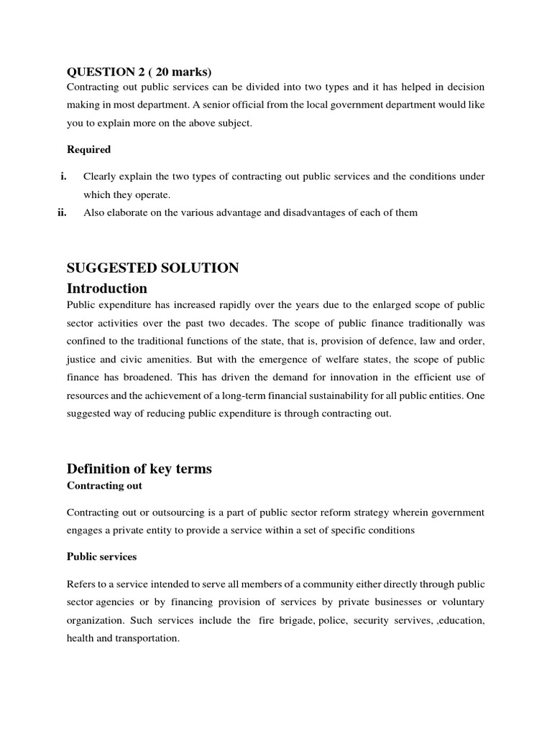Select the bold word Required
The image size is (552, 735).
pyautogui.click(x=88, y=149)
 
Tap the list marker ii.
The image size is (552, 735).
pyautogui.click(x=62, y=212)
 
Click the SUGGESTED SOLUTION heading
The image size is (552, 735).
pyautogui.click(x=152, y=268)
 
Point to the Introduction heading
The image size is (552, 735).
pyautogui.click(x=107, y=289)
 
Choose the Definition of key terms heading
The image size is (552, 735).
pyautogui.click(x=139, y=469)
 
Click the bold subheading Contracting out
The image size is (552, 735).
pyautogui.click(x=104, y=486)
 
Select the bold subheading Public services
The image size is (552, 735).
pyautogui.click(x=101, y=556)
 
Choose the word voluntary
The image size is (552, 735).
pyautogui.click(x=461, y=601)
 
